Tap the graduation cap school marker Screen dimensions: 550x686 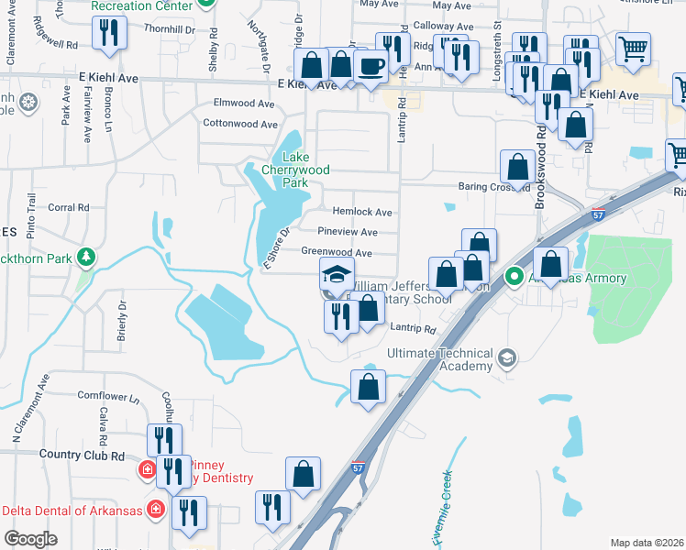point(337,274)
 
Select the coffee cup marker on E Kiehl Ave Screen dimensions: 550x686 point(371,67)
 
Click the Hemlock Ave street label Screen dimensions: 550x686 point(362,212)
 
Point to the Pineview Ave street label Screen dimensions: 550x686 point(348,233)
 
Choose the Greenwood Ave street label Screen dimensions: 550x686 point(337,253)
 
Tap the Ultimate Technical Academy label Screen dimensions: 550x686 point(440,360)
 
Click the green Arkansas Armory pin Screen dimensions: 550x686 point(515,275)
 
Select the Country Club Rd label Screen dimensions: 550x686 point(82,455)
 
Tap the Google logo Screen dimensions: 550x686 point(30,539)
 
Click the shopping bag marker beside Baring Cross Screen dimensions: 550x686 point(517,168)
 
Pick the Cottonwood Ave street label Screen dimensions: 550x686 point(239,124)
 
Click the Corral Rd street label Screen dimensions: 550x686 point(68,208)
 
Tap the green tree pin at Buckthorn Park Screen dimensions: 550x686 point(87,258)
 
